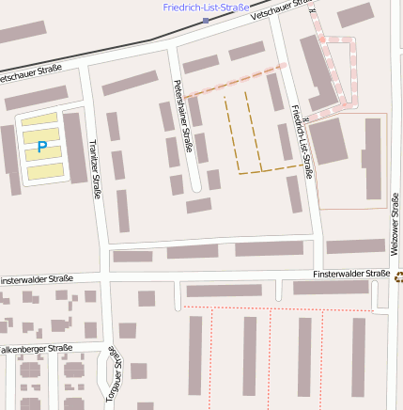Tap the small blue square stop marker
(x=206, y=20)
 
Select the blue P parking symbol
(x=41, y=147)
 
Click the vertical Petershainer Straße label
(x=183, y=131)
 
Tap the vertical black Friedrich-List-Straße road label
(x=302, y=141)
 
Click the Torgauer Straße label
(x=115, y=377)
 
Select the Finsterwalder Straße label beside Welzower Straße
(x=351, y=274)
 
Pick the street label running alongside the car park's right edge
(x=94, y=169)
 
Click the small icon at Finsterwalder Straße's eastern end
(x=399, y=276)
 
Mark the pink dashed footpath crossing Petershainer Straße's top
(x=235, y=81)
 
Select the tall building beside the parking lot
(x=74, y=148)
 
